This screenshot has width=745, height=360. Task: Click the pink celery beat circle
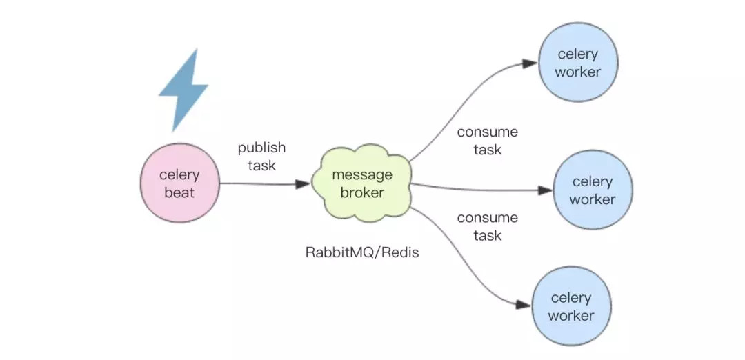click(x=179, y=183)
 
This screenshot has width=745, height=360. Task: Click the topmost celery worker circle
click(x=579, y=63)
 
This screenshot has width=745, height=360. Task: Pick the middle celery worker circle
click(x=592, y=190)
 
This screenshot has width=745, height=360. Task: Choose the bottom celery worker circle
click(x=572, y=306)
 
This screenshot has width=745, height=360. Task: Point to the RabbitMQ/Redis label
click(x=362, y=252)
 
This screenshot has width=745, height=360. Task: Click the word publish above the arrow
click(x=261, y=148)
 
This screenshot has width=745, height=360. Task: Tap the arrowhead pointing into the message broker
click(x=303, y=184)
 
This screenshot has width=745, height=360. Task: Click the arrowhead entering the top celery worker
click(x=530, y=63)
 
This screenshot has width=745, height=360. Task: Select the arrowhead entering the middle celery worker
click(x=545, y=190)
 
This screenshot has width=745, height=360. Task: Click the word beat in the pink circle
click(x=179, y=192)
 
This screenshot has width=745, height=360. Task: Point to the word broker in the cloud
click(x=362, y=193)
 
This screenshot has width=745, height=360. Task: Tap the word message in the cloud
click(x=362, y=175)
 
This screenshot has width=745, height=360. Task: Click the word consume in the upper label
click(x=487, y=132)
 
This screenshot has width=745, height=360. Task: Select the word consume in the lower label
click(x=487, y=218)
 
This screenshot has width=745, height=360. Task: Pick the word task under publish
click(x=261, y=166)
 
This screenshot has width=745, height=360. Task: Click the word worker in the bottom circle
click(x=572, y=316)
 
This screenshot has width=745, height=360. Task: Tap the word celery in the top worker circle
click(x=579, y=54)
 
